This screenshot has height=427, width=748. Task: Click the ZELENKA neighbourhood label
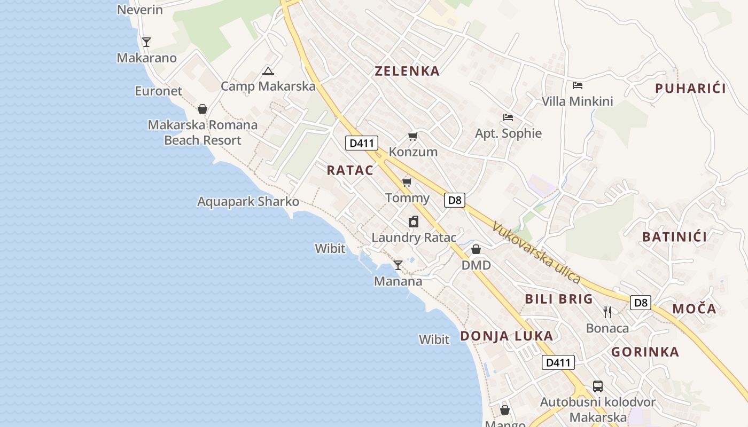tap(407, 71)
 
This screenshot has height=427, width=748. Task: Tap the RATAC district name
tap(350, 170)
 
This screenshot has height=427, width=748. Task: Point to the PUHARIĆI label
tap(691, 89)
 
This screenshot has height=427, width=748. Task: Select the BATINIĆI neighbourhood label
tap(675, 237)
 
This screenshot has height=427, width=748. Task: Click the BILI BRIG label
tap(559, 299)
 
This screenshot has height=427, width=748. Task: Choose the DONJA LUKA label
tap(507, 336)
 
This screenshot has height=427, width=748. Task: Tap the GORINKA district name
tap(645, 352)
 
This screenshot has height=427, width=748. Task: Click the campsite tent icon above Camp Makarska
tap(268, 71)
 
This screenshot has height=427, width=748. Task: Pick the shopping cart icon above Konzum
tap(412, 137)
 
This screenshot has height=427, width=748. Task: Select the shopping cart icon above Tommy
tap(407, 183)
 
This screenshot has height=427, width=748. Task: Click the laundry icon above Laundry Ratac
tap(414, 222)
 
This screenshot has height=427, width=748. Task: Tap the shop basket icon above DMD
tap(476, 249)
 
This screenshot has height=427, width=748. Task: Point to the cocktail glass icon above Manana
tap(398, 265)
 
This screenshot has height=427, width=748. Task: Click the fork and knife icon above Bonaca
tap(607, 312)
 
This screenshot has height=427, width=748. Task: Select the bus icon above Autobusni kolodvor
tap(598, 386)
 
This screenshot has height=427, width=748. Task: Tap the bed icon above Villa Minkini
tap(577, 85)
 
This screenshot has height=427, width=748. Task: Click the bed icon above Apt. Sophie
tap(508, 117)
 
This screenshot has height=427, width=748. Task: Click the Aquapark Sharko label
tap(248, 202)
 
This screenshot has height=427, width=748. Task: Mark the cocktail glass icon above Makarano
tap(146, 42)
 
